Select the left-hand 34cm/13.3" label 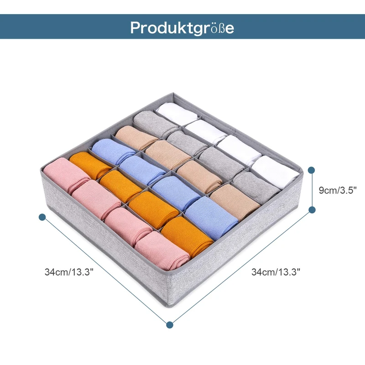(x=69, y=272)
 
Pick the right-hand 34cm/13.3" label (x=276, y=272)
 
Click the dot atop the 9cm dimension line (x=312, y=170)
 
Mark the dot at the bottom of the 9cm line (x=313, y=210)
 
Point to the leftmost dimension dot (x=42, y=217)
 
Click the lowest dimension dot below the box (x=170, y=325)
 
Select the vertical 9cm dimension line (x=313, y=190)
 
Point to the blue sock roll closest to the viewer (x=212, y=214)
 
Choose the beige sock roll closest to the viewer (x=236, y=199)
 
